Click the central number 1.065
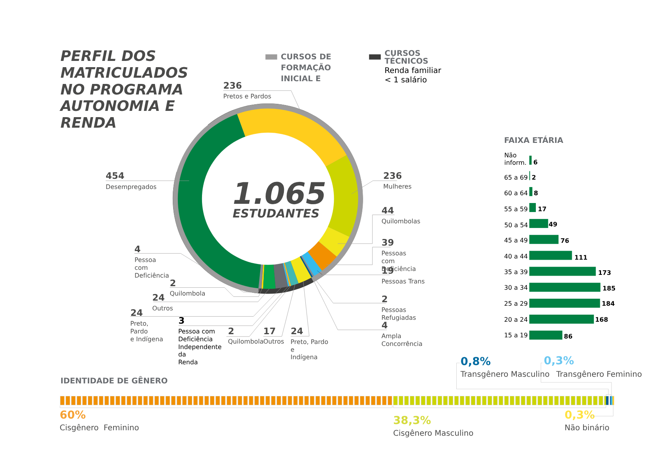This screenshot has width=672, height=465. [279, 194]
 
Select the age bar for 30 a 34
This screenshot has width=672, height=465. [564, 287]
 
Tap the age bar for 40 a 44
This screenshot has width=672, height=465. [550, 256]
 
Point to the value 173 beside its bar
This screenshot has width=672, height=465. [604, 273]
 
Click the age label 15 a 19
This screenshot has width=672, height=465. [516, 335]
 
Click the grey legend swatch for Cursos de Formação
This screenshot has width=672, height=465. [271, 57]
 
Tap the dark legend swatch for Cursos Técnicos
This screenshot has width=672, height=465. [374, 57]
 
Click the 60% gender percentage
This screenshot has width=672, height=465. [73, 415]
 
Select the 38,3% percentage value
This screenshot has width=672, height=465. [412, 420]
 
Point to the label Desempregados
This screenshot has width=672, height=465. [131, 187]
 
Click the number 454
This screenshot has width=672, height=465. [115, 176]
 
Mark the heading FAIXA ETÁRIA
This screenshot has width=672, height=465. [533, 140]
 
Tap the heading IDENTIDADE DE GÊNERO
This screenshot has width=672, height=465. [114, 381]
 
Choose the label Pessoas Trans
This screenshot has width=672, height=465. [403, 281]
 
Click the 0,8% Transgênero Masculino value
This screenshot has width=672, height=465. [475, 362]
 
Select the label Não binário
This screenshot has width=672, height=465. [587, 428]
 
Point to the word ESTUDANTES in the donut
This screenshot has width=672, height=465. [276, 214]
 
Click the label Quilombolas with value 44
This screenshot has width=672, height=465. [401, 221]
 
